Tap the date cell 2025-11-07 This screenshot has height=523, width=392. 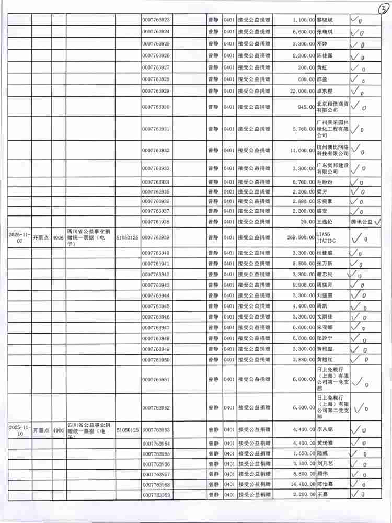(19, 237)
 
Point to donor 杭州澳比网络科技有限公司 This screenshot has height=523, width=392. (332, 150)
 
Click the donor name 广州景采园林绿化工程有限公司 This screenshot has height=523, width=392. (332, 128)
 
